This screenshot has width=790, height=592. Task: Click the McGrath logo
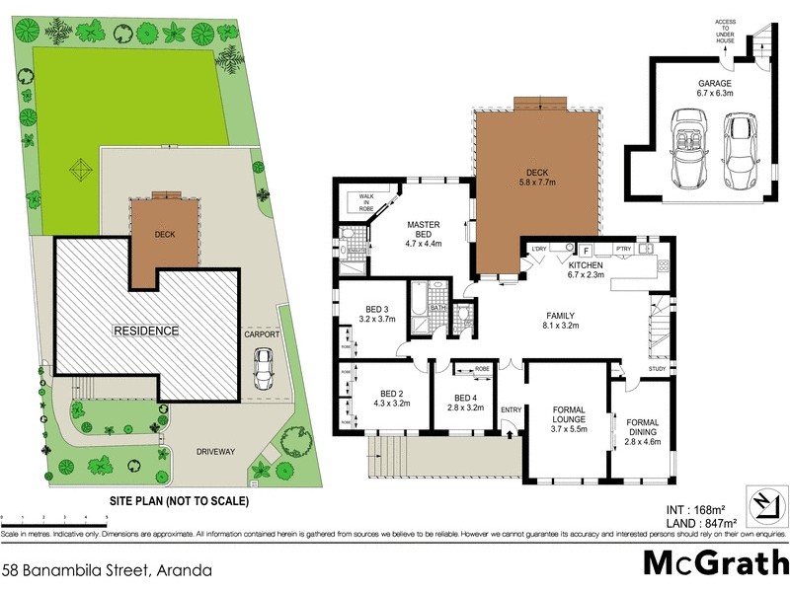pyautogui.click(x=714, y=563)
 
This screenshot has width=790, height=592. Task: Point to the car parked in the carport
pyautogui.click(x=264, y=368)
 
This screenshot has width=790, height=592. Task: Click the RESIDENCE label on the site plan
pyautogui.click(x=144, y=331)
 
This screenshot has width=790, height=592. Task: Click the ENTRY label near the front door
pyautogui.click(x=511, y=410)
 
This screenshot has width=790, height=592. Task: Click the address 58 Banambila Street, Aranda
pyautogui.click(x=107, y=569)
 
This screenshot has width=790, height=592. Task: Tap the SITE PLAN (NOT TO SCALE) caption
pyautogui.click(x=179, y=500)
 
